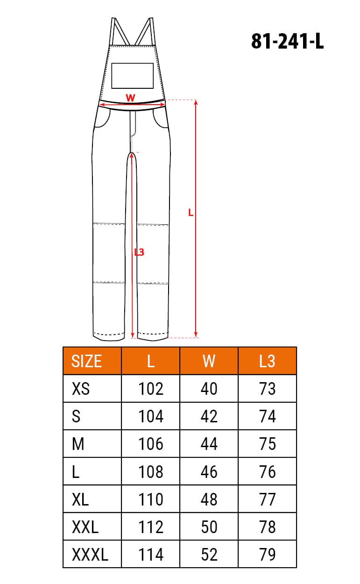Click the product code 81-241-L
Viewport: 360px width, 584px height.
pos(287,42)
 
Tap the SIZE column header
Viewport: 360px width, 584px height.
pos(86,361)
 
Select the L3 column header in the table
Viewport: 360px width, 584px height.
pos(267,361)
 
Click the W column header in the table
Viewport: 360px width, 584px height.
pos(209,361)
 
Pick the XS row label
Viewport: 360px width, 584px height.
pos(81,389)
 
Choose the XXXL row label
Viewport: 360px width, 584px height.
pos(90,555)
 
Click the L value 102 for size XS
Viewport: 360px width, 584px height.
pos(151,389)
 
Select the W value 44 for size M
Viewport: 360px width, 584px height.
pos(209,444)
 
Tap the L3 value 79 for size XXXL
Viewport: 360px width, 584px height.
pos(267,555)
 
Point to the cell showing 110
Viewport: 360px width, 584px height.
pos(151,499)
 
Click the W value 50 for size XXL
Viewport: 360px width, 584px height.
pos(209,527)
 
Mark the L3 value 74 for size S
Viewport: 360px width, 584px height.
pos(267,416)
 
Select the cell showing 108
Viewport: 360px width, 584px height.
pos(151,472)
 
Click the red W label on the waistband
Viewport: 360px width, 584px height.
pos(131,98)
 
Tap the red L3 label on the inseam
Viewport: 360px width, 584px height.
pos(139,252)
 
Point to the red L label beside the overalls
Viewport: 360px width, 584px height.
pos(191,213)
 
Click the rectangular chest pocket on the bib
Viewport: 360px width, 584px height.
pos(132,76)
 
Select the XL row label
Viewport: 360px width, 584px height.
pos(81,499)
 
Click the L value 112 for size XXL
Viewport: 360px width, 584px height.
pos(151,527)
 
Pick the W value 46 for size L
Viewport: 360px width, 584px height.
pos(209,472)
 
